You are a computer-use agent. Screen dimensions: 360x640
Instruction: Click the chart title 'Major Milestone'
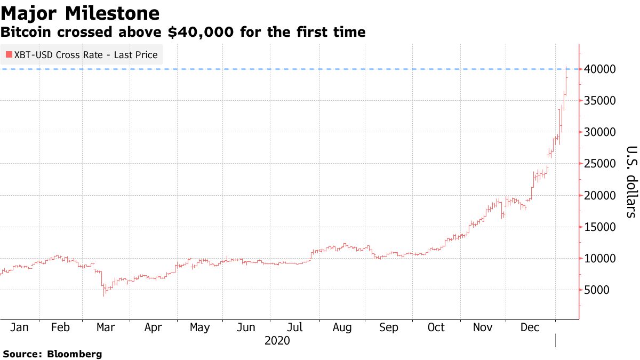pos(80,13)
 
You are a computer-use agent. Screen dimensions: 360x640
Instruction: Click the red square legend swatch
pos(9,55)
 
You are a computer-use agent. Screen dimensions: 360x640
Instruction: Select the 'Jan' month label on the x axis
pos(19,327)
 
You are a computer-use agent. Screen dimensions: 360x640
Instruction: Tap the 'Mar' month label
pos(106,327)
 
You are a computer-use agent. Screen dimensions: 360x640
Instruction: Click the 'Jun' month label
pos(245,327)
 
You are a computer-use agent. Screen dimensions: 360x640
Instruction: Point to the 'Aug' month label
pos(341,327)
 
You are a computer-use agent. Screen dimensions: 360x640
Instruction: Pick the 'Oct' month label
pos(436,327)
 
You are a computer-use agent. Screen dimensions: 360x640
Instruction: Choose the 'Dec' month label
pos(530,327)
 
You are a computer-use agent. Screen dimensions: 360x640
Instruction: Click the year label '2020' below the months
pos(277,340)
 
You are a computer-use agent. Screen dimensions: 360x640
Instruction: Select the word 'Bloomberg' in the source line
pos(75,354)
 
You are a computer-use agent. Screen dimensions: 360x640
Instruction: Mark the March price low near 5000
pos(104,294)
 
